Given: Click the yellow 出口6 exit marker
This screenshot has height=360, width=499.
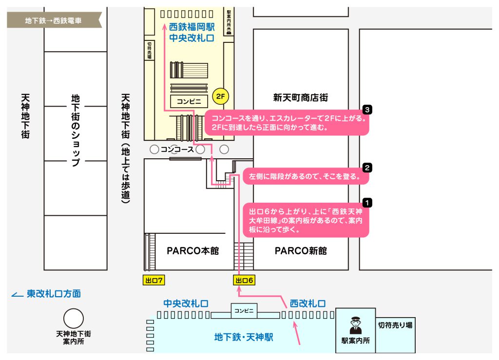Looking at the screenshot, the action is (x=244, y=280).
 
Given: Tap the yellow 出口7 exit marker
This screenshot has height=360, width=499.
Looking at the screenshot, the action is (x=154, y=280).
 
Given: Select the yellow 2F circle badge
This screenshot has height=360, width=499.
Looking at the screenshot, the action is (x=221, y=96).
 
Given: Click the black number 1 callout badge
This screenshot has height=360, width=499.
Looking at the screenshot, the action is (x=367, y=203).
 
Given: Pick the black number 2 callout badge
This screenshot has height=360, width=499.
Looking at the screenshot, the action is (x=367, y=168).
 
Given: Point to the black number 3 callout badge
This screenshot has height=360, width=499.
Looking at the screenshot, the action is (x=367, y=110).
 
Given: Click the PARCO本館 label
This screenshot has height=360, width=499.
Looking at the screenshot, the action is (x=193, y=251).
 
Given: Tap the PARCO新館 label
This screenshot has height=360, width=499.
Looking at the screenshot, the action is (x=301, y=251).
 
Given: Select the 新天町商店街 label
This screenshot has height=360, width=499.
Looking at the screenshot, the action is (x=300, y=97).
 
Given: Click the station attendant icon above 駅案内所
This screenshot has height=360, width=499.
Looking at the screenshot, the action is (x=355, y=325).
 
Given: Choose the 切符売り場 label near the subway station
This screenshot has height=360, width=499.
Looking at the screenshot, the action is (x=395, y=325).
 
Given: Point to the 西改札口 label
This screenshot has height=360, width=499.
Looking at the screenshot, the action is (x=308, y=303).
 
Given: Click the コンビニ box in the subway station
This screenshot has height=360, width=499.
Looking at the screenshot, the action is (x=244, y=311).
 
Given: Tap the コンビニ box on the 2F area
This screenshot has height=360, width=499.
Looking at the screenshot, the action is (x=189, y=101).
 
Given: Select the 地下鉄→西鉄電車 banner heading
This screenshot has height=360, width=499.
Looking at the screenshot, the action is (x=53, y=20).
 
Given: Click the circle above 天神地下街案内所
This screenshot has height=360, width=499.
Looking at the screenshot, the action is (x=74, y=318).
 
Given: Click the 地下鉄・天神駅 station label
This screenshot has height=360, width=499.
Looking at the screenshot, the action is (x=244, y=337).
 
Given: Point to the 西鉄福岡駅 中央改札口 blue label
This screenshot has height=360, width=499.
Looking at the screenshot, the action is (x=192, y=33).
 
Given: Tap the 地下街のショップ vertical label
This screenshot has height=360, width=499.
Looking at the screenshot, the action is (x=76, y=131).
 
